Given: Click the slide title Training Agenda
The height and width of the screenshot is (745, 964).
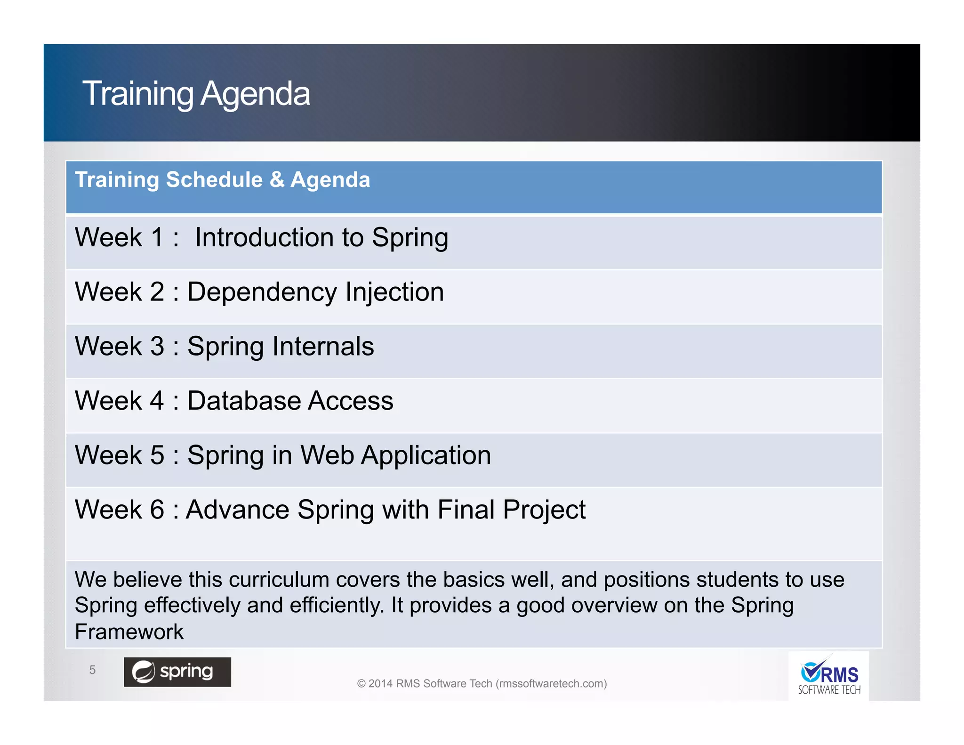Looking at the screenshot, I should pos(196,93).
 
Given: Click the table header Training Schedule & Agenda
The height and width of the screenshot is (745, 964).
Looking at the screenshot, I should pos(222,180).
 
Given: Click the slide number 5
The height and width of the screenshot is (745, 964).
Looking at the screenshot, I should pos(92,670).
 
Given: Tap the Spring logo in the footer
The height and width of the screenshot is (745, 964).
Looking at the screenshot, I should pos(177,672).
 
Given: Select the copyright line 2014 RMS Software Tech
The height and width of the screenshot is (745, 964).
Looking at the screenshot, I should pos(482,683).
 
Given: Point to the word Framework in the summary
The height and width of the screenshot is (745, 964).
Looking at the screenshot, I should pos(129,632).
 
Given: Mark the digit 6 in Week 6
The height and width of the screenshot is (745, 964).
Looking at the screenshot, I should pos(157,510).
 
